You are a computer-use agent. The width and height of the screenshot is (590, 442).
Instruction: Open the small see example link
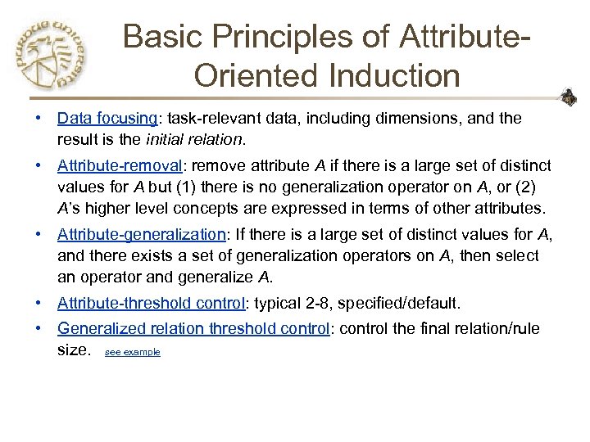tap(133, 352)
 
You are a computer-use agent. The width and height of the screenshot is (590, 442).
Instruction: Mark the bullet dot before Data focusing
tap(39, 119)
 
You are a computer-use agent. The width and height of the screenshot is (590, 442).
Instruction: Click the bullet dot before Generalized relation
tap(39, 330)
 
